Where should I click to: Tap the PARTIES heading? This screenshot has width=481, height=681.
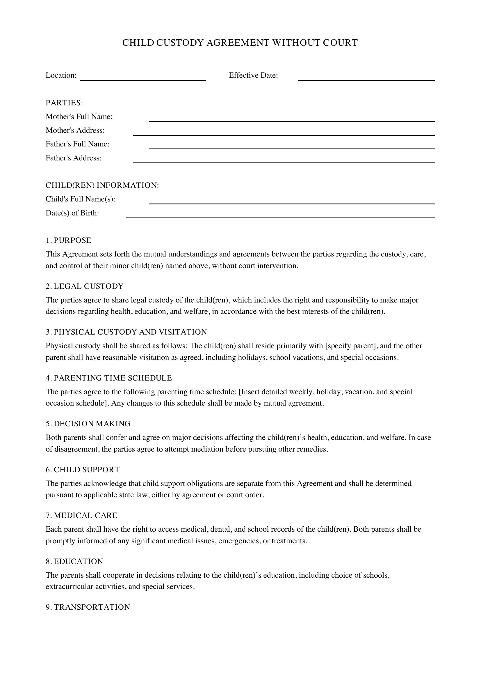pos(64,103)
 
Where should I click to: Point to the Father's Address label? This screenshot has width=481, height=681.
pos(74,158)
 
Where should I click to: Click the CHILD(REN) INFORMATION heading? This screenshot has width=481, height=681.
pos(102,185)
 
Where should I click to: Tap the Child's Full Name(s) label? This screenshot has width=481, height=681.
pos(80,199)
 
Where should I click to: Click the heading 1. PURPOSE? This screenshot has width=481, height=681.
pos(68,240)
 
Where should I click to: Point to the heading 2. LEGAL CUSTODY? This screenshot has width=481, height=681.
pos(84,286)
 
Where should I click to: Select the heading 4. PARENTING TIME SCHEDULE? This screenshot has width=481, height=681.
pos(109,378)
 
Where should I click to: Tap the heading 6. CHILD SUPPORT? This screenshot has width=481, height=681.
pos(83,470)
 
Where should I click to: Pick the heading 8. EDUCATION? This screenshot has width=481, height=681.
pos(74,561)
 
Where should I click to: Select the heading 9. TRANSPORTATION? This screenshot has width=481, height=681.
pos(88,607)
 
